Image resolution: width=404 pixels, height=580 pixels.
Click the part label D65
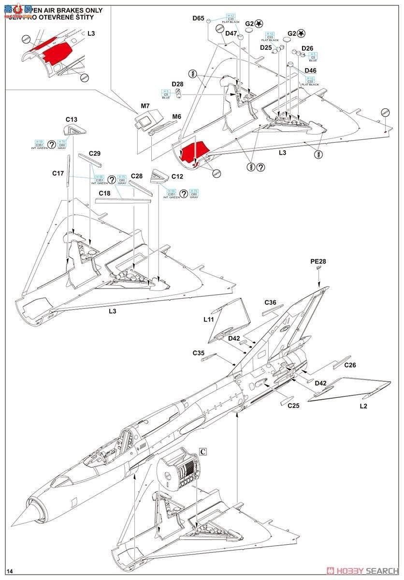coord(198,18)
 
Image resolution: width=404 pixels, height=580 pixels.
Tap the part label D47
coord(231,33)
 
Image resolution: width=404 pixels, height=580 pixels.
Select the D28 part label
coord(178,84)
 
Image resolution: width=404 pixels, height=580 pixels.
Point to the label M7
coord(144,105)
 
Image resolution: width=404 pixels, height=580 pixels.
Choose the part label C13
coord(72,119)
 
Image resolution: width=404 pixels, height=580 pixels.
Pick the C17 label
coord(58,173)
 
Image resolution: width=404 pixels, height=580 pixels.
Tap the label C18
coord(105,193)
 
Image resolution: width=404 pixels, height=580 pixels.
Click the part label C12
coord(177,176)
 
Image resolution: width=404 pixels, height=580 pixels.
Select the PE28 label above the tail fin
coord(318,261)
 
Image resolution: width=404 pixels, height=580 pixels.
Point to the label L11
coord(209,319)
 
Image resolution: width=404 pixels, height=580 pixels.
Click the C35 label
coord(199,353)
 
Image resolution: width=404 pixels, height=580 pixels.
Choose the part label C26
coord(350,365)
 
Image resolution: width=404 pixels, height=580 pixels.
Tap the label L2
coord(363,406)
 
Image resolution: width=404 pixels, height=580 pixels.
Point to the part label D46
coord(311,71)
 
